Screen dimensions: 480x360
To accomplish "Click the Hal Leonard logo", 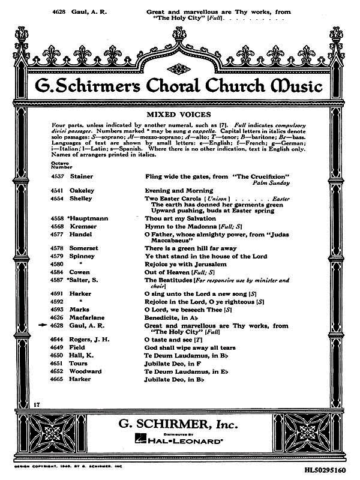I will (180, 439).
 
